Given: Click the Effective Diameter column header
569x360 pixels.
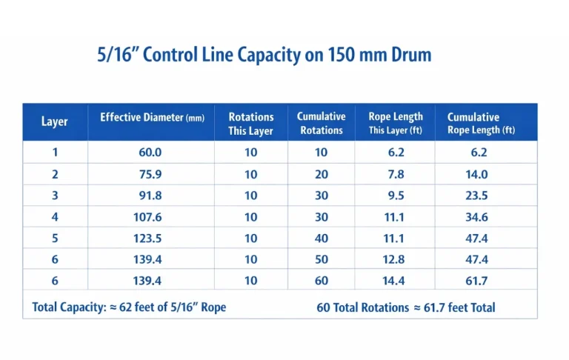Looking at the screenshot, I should point(152,118).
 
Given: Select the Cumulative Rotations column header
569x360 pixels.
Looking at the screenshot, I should point(321,123).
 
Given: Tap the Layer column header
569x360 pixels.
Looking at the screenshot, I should point(55,121).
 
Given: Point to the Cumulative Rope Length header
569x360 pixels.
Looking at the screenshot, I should point(481,123).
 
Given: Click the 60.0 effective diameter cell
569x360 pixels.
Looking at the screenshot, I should point(150,153).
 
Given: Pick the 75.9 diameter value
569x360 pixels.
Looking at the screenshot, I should point(150,175).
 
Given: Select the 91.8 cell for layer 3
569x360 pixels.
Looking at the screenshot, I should point(150,196).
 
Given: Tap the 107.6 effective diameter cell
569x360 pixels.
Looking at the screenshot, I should point(150,218).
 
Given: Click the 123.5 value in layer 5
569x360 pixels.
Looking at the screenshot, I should point(150,239).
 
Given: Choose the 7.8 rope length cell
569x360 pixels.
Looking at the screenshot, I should point(395,175).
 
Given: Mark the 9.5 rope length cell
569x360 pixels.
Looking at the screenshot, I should point(395,196).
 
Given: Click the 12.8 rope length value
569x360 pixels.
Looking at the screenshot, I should point(395,260).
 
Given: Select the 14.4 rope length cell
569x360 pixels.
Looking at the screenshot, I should point(395,281).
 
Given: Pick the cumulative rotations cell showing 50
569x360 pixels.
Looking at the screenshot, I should point(321,260).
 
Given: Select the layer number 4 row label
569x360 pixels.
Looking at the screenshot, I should point(55,218).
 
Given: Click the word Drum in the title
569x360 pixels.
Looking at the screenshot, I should point(411,56).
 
